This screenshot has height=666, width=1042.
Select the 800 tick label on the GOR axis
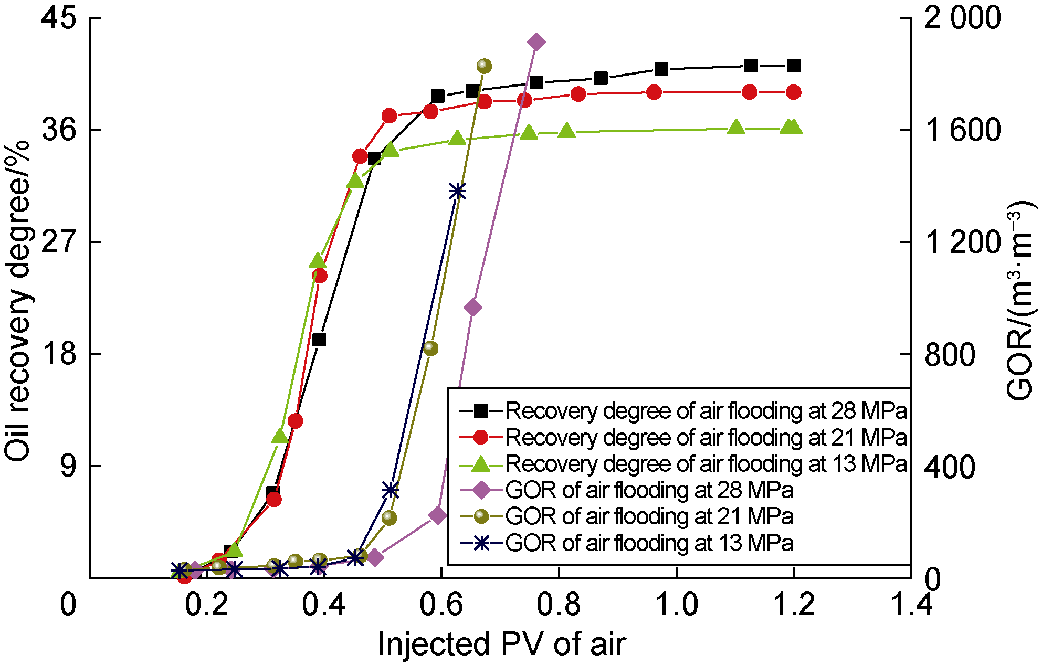(x=949, y=355)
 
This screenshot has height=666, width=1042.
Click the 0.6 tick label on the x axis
(x=441, y=605)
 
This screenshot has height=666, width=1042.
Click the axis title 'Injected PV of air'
(x=501, y=644)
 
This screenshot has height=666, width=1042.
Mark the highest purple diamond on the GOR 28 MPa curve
(x=536, y=43)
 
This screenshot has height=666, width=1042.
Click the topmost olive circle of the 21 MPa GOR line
(x=484, y=66)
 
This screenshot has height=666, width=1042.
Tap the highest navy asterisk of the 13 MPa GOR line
(x=458, y=192)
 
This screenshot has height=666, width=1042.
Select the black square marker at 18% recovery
(x=319, y=340)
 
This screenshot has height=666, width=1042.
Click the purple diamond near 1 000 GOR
(x=473, y=308)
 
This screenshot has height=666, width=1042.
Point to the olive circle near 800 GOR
(x=430, y=348)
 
